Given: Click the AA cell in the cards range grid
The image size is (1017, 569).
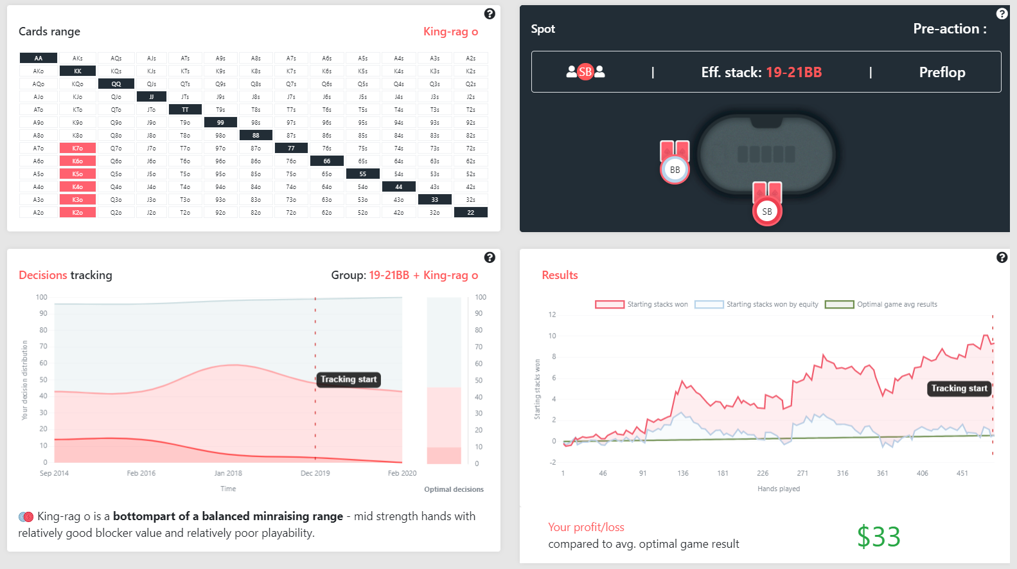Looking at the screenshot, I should pyautogui.click(x=39, y=59).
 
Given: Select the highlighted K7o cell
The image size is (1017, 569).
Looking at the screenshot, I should pyautogui.click(x=78, y=149).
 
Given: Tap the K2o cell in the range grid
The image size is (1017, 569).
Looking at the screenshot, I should pyautogui.click(x=78, y=213).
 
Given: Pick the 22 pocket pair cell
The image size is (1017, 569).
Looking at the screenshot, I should pyautogui.click(x=471, y=213).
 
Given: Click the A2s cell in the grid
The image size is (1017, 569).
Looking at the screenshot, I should pyautogui.click(x=471, y=59).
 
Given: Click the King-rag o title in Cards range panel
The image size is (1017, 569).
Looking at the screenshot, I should pyautogui.click(x=450, y=32).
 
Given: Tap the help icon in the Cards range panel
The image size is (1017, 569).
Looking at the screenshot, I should pyautogui.click(x=490, y=14).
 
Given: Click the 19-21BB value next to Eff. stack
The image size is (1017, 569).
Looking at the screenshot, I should pyautogui.click(x=793, y=72).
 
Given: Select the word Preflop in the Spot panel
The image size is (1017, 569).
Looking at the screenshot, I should pyautogui.click(x=942, y=72).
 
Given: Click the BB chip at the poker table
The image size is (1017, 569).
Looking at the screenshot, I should pyautogui.click(x=675, y=170).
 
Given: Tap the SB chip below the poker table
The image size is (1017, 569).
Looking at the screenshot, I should pyautogui.click(x=767, y=212).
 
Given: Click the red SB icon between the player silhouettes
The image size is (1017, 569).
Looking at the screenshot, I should pyautogui.click(x=585, y=72).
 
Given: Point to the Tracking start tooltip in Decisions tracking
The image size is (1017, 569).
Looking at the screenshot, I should pyautogui.click(x=349, y=379).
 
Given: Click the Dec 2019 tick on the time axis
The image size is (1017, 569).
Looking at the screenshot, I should pyautogui.click(x=315, y=473).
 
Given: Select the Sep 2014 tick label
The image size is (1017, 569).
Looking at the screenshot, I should pyautogui.click(x=54, y=473).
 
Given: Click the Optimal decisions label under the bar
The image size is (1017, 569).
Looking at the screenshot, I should pyautogui.click(x=454, y=489).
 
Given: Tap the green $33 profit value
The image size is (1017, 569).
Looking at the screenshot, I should pyautogui.click(x=878, y=537).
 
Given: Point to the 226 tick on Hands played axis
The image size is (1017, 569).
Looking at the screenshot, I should pyautogui.click(x=763, y=473).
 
